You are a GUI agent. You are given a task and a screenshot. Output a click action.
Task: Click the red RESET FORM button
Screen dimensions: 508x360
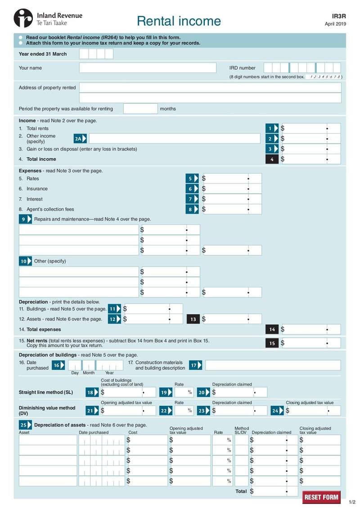321,497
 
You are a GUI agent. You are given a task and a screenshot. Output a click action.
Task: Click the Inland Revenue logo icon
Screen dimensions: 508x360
23,18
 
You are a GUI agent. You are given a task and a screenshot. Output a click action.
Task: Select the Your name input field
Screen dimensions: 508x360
148,68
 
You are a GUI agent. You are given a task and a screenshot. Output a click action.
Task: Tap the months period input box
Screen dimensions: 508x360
140,109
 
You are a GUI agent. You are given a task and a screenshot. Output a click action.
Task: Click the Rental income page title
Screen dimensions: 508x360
179,21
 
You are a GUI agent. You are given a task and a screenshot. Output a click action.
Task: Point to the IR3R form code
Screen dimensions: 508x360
339,16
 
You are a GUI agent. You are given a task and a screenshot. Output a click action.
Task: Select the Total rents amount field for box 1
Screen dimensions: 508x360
311,129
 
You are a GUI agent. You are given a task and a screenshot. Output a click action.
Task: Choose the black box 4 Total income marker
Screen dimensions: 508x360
272,159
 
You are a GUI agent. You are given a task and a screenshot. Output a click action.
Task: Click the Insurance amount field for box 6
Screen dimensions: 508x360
232,189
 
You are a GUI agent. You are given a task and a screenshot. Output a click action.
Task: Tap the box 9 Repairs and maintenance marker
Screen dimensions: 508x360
25,219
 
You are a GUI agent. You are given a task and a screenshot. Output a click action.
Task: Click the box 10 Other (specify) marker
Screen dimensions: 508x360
25,261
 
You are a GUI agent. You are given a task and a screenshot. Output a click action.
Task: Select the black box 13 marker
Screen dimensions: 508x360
193,319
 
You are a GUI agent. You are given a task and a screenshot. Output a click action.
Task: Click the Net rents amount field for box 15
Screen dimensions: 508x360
311,343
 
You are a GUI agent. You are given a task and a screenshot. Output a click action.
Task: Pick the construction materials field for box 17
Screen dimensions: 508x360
273,365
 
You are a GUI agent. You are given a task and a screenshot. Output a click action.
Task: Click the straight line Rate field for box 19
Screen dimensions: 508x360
184,392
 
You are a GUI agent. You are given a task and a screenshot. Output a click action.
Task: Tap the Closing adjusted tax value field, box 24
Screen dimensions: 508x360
313,411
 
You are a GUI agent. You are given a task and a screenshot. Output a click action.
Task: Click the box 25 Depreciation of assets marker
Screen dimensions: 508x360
25,425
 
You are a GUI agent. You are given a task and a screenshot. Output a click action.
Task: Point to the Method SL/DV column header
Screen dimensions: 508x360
241,431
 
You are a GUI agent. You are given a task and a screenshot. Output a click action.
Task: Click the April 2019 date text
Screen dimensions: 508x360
335,24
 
